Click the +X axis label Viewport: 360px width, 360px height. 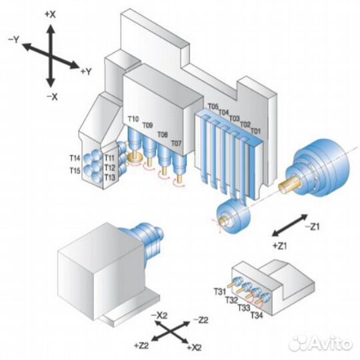point(50,15)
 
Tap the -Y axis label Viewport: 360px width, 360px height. point(13,40)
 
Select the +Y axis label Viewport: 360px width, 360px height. point(86,71)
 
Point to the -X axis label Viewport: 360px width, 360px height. point(52,97)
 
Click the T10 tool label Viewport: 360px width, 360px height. point(133,119)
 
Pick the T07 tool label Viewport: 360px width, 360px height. point(176,143)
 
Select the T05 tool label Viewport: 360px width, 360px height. point(213,107)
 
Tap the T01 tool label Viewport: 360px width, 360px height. point(255,131)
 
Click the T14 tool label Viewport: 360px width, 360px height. point(75,158)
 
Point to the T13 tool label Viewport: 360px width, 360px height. point(110,177)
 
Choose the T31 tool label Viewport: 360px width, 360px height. point(220,291)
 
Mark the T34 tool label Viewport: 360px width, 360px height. point(257,315)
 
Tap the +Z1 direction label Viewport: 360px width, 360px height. point(280,246)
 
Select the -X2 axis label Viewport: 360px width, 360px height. point(159,316)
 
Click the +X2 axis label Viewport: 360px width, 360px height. point(194,348)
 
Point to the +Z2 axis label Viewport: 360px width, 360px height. point(141,345)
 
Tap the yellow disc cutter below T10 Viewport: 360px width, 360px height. point(135,158)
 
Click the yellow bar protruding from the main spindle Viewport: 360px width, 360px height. point(289,185)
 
